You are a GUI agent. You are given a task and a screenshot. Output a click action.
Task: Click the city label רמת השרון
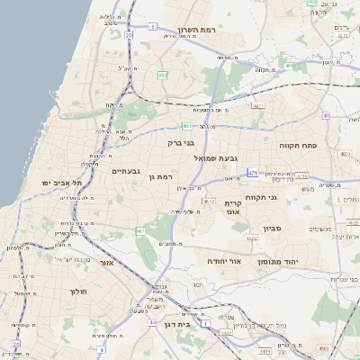point(195,29)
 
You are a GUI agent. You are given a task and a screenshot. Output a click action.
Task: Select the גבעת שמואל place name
point(214,158)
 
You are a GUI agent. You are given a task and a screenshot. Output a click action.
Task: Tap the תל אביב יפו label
point(61,183)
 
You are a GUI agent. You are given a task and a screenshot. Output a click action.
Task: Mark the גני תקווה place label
point(284,197)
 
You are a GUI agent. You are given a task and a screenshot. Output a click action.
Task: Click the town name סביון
point(274,229)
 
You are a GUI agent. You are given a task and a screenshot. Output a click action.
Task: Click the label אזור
point(106,263)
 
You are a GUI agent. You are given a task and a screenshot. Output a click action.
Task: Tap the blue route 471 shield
point(253,173)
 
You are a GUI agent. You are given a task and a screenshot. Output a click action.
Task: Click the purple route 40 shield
point(326,115)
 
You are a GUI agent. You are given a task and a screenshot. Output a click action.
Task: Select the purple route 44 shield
point(153,321)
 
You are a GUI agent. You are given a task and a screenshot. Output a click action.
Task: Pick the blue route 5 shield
point(153,27)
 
